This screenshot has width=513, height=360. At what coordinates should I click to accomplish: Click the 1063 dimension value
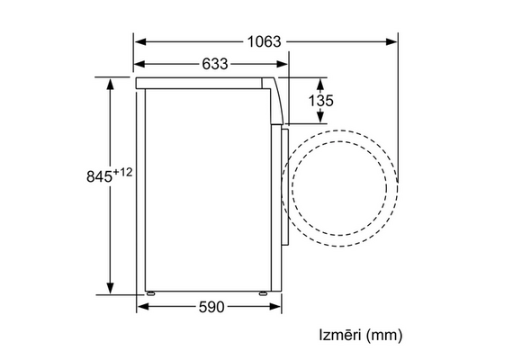(264, 42)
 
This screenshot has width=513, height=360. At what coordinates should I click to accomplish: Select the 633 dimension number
(214, 64)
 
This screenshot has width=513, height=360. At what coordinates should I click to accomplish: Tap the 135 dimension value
(321, 101)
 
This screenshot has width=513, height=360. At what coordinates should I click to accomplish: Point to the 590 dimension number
(211, 307)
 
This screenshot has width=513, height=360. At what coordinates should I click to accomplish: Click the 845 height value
(100, 176)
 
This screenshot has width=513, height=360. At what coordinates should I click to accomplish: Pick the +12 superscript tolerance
(122, 172)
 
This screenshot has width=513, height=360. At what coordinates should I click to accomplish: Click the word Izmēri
(339, 335)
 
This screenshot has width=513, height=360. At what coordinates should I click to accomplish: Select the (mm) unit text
(384, 336)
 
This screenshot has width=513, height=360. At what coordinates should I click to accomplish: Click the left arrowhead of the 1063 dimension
(140, 42)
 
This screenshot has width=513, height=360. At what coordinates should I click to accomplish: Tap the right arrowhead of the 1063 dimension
(391, 42)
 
